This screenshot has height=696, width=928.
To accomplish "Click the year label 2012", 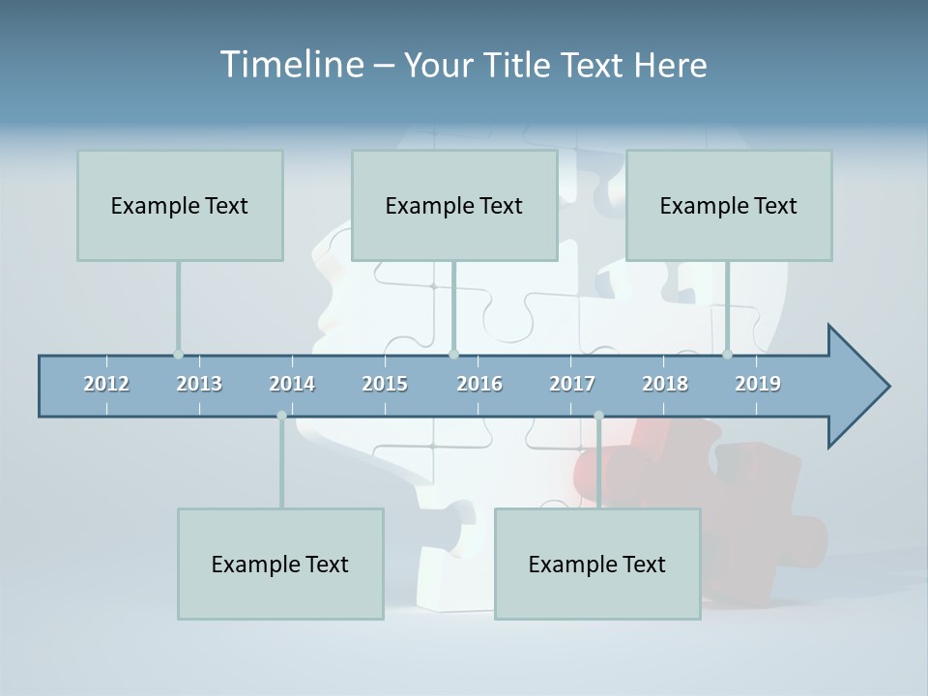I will (x=106, y=384).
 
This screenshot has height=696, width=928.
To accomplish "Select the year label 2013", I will (x=199, y=384).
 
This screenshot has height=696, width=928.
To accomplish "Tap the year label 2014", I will (x=292, y=384).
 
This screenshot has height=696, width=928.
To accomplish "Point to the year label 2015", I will (x=385, y=384).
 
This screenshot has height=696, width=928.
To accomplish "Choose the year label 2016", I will (x=479, y=384).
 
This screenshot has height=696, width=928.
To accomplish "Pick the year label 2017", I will (x=572, y=384).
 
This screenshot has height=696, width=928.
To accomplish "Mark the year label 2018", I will (x=665, y=384).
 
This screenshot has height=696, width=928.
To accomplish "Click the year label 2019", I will (x=758, y=384).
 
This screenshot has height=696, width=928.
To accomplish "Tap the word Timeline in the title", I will (x=290, y=65).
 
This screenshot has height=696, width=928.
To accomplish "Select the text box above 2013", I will (x=180, y=205).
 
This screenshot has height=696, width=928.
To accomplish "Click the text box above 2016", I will (x=454, y=205).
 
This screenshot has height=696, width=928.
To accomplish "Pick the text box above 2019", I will (x=729, y=205).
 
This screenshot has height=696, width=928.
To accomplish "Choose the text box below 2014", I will (x=280, y=564).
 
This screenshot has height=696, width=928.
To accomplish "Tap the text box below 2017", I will (x=597, y=564).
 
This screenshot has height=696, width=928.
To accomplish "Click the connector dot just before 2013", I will (x=178, y=355).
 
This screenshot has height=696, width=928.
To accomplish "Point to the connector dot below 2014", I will (x=281, y=416).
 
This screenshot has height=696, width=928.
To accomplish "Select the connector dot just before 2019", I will (x=727, y=355).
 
